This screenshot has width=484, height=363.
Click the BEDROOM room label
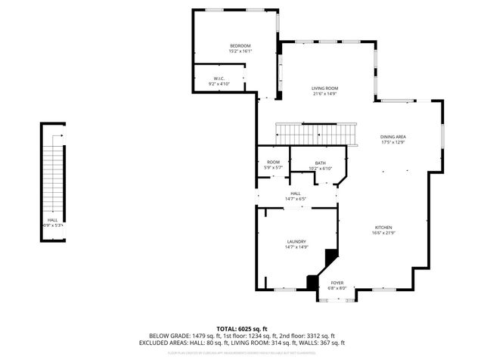click(x=240, y=46)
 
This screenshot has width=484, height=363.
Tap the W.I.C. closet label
click(x=219, y=78)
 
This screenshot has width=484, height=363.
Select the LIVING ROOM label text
click(x=325, y=88)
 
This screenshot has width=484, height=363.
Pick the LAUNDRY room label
click(x=296, y=241)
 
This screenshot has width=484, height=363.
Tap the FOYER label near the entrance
click(x=337, y=283)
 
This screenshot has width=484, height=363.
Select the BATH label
click(x=320, y=163)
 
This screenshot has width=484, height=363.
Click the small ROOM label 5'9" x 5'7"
click(x=273, y=162)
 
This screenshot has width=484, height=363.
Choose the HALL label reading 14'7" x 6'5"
click(x=295, y=194)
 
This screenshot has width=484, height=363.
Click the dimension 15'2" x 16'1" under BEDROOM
click(x=240, y=51)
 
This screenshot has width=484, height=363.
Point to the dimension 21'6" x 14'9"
click(x=325, y=94)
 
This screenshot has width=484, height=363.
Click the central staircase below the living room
click(x=316, y=135)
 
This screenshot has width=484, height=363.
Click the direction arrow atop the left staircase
click(x=55, y=136)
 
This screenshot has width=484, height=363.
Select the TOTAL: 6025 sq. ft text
click(x=242, y=329)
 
